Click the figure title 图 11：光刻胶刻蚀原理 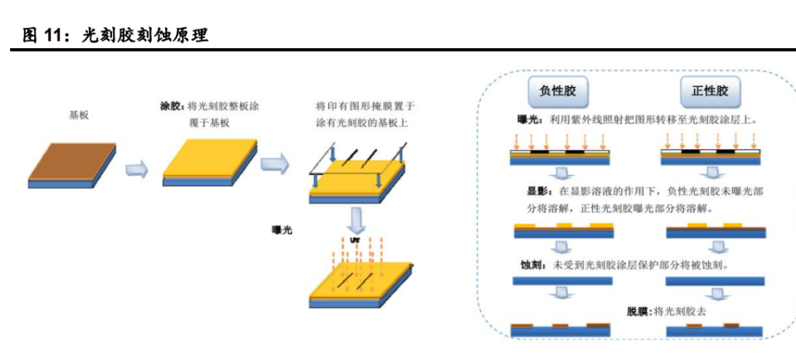click(115, 35)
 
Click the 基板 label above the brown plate click(79, 115)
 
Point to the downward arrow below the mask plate click(357, 221)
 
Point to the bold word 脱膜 click(638, 312)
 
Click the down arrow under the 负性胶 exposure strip click(563, 173)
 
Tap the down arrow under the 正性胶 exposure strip click(711, 173)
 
